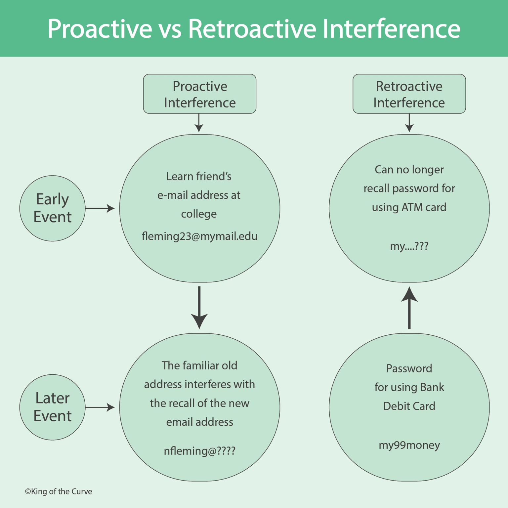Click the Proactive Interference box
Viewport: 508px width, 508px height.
[x=199, y=94]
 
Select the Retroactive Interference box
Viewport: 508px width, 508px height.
[x=409, y=94]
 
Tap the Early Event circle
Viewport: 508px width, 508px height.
[x=52, y=208]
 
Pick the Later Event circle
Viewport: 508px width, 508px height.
[x=52, y=407]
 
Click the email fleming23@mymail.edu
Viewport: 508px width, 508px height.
[x=199, y=236]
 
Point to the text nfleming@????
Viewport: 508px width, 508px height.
[x=199, y=451]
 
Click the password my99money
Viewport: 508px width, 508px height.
[x=409, y=445]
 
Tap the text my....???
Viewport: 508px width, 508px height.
[x=409, y=246]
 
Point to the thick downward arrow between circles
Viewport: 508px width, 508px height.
[x=199, y=308]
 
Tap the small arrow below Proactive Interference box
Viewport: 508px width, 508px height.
[x=199, y=123]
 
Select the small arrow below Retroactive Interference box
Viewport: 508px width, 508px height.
[x=409, y=123]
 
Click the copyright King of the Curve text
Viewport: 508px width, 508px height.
[x=59, y=491]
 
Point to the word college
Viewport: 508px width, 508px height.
[x=199, y=214]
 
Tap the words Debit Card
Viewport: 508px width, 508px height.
[x=409, y=406]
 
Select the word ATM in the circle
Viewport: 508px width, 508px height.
[x=412, y=207]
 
